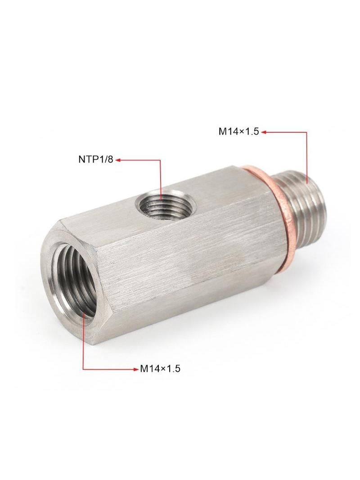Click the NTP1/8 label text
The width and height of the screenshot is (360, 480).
click(x=96, y=159)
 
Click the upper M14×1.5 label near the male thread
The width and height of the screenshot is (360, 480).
click(x=238, y=131)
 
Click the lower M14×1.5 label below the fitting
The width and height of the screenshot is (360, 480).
click(x=160, y=369)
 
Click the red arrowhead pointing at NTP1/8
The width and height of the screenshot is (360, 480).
click(x=117, y=159)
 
